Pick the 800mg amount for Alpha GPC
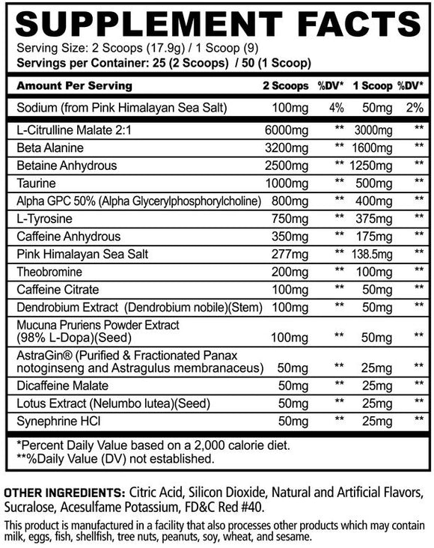[286, 201]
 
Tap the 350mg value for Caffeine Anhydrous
[286, 236]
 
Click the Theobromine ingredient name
[53, 271]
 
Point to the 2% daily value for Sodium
[418, 108]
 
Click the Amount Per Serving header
[73, 85]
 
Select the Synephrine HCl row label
[57, 421]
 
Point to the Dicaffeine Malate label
[61, 386]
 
